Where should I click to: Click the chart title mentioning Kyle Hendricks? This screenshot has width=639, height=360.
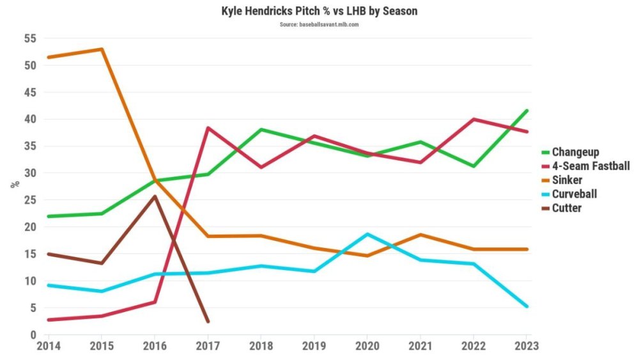319,12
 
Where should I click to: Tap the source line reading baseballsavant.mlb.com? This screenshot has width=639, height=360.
319,24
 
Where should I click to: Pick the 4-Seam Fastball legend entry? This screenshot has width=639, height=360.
590,166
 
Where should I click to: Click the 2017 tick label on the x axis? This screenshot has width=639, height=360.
208,346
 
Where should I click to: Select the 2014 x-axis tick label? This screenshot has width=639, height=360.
49,346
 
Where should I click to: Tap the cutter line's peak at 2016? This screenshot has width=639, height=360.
155,196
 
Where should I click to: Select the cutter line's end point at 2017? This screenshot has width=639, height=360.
208,321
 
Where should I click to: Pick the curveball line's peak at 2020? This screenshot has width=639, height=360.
367,234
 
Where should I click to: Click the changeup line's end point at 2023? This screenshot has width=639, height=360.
527,111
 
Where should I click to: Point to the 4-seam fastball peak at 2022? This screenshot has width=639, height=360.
473,119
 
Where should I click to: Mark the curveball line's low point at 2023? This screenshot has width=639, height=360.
527,306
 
